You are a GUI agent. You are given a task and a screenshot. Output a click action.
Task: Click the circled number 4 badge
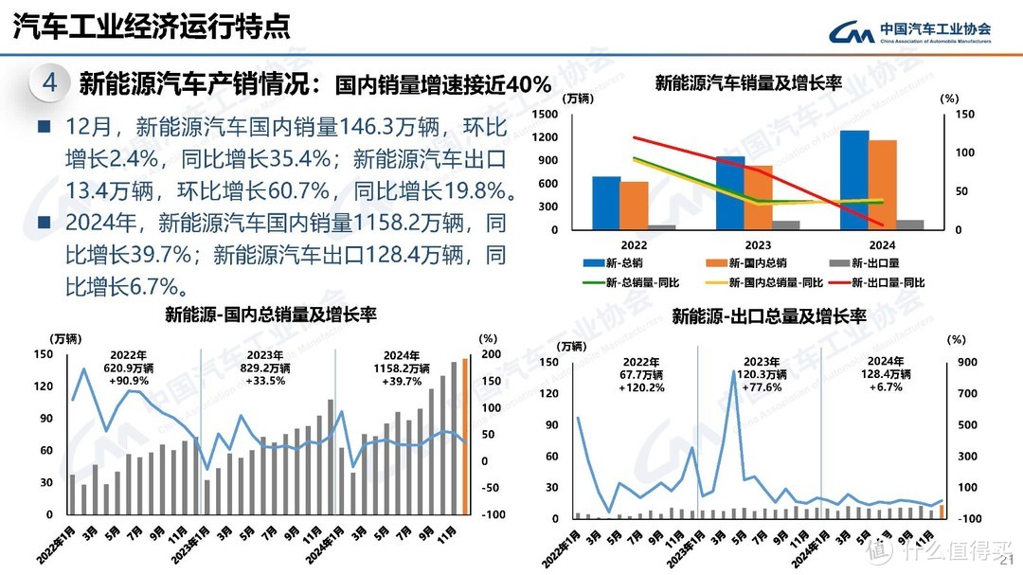pos(48,84)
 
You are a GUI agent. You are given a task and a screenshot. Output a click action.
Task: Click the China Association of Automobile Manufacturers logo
pos(909,32)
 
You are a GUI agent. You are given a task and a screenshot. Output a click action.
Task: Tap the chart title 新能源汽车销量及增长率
pos(748,83)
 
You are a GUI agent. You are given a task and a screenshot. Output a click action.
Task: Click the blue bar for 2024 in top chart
pos(853,180)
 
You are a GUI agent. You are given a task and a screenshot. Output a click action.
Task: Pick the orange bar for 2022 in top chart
pos(635,206)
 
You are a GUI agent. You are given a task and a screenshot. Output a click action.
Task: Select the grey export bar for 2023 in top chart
pos(786,225)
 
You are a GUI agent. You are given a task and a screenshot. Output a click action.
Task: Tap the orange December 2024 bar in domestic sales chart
pos(465,436)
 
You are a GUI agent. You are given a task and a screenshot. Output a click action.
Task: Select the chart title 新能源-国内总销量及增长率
pos(271,314)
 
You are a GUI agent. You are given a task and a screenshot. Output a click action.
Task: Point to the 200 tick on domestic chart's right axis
pos(490,354)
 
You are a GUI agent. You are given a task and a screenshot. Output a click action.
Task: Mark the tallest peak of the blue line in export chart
pos(735,372)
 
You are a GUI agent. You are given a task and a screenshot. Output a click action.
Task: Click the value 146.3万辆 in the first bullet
pos(375,126)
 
